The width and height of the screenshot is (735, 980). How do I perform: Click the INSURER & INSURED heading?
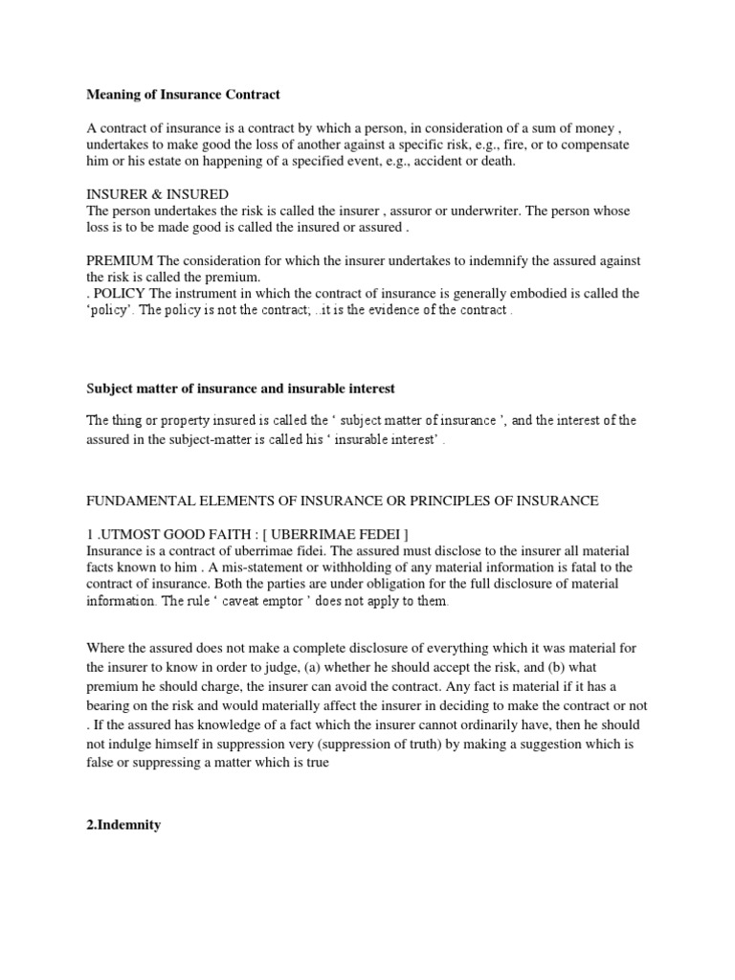pos(157,194)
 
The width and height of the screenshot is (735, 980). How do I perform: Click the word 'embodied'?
pos(559,293)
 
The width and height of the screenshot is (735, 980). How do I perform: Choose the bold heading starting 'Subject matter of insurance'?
pos(240,388)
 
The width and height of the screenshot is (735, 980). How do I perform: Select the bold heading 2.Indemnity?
pos(123,824)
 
